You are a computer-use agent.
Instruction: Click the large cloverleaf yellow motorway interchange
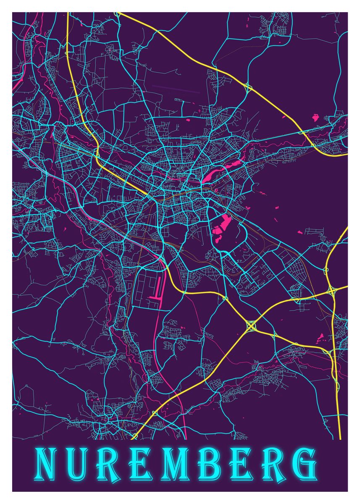click(251, 325)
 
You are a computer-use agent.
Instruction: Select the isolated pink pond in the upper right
click(315, 117)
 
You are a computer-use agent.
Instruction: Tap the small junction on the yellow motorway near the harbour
click(184, 291)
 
